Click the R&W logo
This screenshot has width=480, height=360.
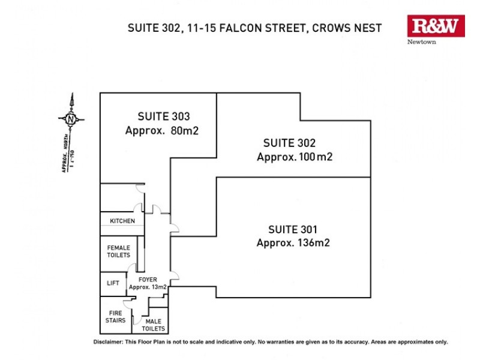coord(436,26)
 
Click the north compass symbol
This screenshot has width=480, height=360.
coord(71,118)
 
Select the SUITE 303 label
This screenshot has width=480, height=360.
coord(164,116)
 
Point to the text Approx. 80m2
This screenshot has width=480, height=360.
coord(161,131)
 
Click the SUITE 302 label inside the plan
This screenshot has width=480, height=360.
coord(289,143)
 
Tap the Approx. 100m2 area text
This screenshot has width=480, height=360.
coord(295,157)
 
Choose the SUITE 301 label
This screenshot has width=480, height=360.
coord(293,229)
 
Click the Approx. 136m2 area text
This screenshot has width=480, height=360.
coord(293,243)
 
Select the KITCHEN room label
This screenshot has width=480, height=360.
coord(122,221)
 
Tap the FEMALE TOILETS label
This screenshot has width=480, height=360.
coord(118,251)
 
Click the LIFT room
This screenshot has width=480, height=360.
coord(113,283)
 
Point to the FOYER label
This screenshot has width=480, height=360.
coord(148,280)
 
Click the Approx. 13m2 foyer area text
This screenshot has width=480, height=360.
coord(148,287)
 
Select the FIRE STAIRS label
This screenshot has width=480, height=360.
coord(116,316)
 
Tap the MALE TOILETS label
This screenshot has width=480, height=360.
coord(153,325)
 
